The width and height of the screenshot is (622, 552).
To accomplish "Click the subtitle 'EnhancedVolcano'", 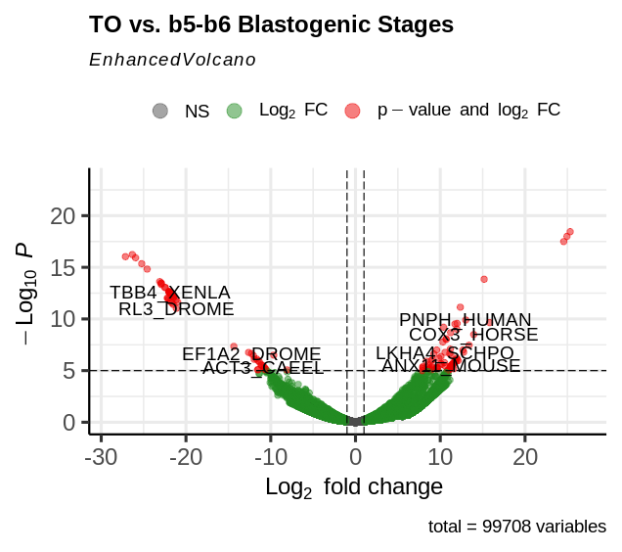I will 172,60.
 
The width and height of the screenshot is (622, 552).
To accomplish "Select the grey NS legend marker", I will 160,111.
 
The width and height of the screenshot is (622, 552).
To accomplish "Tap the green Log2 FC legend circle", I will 234,111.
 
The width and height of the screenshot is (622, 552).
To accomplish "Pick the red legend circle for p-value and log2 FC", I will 352,111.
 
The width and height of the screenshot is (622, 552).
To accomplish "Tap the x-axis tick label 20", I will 525,458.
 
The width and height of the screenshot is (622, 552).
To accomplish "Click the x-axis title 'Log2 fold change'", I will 354,487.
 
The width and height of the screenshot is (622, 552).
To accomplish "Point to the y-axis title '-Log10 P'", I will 29,293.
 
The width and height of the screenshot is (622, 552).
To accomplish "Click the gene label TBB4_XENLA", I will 170,293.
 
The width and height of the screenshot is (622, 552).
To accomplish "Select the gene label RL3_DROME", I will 176,309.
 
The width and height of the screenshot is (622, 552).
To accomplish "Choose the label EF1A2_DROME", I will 251,353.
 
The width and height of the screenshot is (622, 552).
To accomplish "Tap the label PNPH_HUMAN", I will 466,320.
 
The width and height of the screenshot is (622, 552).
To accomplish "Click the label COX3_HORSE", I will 473,335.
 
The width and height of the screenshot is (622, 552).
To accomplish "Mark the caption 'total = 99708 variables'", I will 516,527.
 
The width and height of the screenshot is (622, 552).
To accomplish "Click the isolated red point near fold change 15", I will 483,279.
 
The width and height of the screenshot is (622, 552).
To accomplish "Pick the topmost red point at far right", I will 569,232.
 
